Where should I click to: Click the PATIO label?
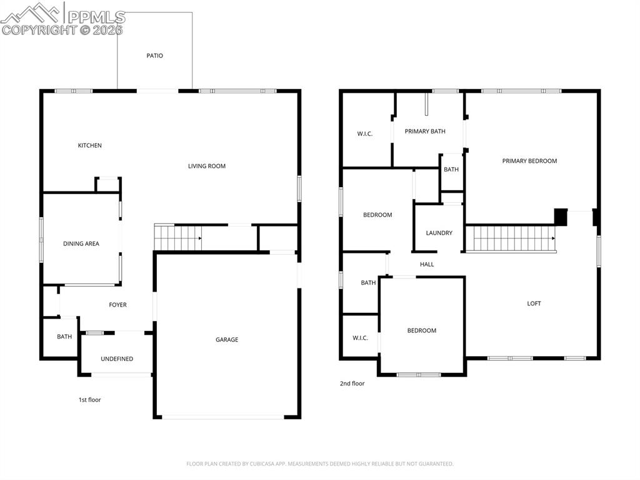click(x=154, y=56)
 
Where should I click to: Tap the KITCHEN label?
click(x=89, y=145)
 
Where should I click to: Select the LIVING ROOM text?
click(x=207, y=166)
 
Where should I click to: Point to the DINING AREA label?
click(x=81, y=243)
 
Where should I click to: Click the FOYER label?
click(x=117, y=305)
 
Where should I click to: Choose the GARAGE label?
click(x=227, y=339)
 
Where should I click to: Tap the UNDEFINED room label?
click(x=117, y=359)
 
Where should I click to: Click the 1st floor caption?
click(x=89, y=399)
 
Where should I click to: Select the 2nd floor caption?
click(x=352, y=383)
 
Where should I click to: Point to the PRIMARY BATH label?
click(x=425, y=131)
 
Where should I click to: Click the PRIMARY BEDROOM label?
click(x=529, y=161)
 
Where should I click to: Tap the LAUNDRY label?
click(x=439, y=233)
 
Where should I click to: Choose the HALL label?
click(x=427, y=264)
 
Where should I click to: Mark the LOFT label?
click(x=534, y=304)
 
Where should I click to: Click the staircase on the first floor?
click(x=177, y=238)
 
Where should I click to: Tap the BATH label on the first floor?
click(x=64, y=337)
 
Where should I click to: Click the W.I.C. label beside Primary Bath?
click(x=365, y=133)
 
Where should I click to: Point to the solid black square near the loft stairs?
click(x=561, y=217)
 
